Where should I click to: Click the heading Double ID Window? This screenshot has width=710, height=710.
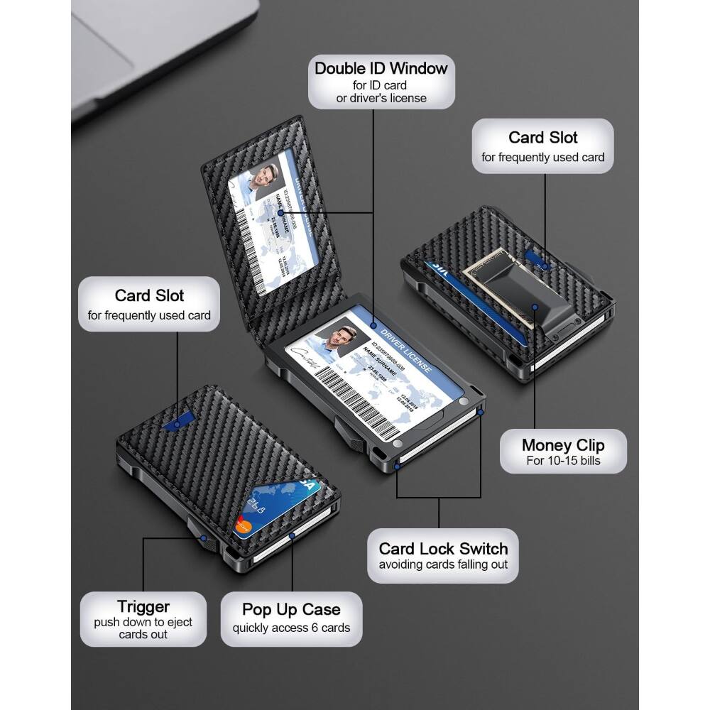(x=381, y=68)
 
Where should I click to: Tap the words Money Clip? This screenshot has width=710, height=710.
(x=563, y=445)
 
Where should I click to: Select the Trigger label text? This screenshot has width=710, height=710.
(x=143, y=606)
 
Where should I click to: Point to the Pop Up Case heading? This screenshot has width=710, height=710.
(x=291, y=609)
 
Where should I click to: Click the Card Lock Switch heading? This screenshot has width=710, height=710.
(x=443, y=548)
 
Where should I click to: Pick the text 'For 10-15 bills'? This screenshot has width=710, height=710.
(x=563, y=461)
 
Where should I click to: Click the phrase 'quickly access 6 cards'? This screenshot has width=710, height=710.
(x=291, y=628)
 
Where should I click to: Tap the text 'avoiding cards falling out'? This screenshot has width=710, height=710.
(x=443, y=565)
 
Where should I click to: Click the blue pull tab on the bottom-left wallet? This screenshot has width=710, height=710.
(x=173, y=423)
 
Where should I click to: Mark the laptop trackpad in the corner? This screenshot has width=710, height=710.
(x=99, y=50)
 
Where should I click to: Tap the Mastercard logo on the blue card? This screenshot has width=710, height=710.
(x=244, y=527)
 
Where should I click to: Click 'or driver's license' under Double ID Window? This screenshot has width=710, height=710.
(x=381, y=98)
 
